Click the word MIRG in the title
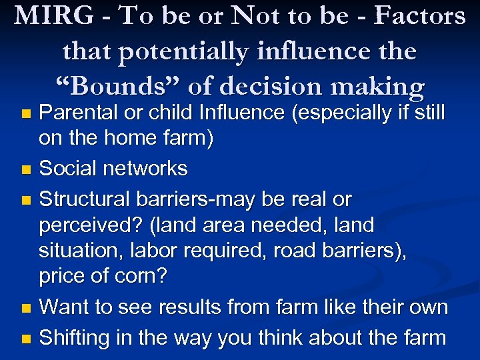(x=52, y=16)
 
